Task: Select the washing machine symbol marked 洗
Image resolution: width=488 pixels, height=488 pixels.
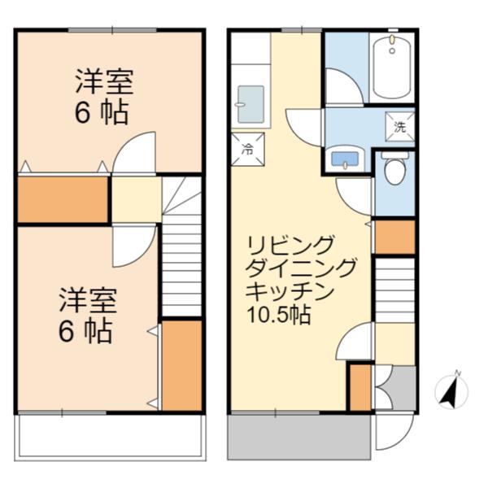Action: click(399, 126)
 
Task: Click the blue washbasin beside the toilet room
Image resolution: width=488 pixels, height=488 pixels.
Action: click(346, 159)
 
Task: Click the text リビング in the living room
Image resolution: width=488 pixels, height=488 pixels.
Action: click(291, 244)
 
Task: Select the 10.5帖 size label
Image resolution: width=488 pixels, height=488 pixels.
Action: click(280, 314)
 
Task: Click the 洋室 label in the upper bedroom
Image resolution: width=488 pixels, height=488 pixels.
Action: click(104, 81)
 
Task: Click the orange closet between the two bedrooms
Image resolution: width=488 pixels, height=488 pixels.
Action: click(63, 200)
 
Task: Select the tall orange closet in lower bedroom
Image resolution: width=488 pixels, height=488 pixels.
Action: click(181, 365)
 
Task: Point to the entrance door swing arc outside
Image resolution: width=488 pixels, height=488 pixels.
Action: click(390, 436)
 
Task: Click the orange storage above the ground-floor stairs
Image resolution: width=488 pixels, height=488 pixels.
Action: click(394, 236)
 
